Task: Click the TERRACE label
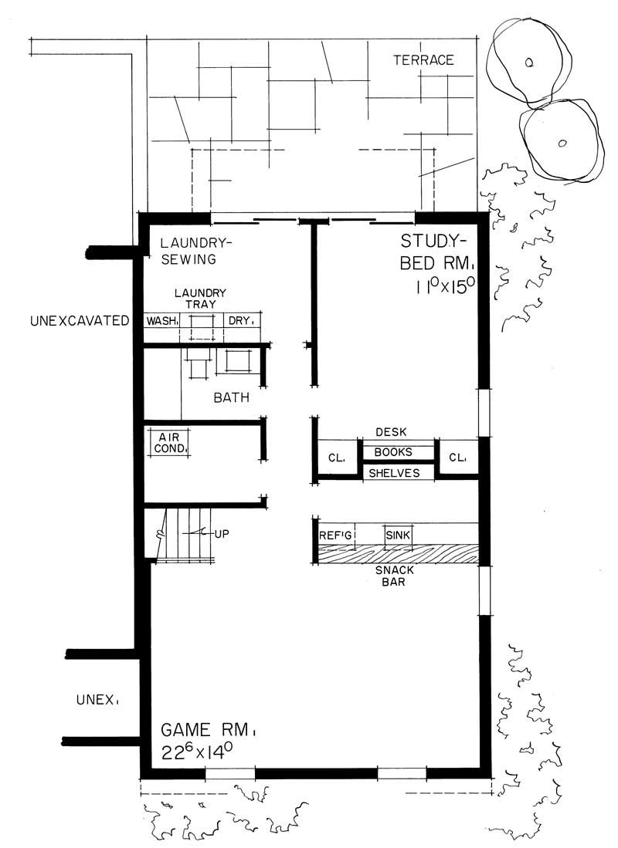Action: (x=423, y=60)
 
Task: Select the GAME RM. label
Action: (x=208, y=729)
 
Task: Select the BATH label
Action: (x=231, y=399)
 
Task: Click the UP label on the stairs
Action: (x=225, y=533)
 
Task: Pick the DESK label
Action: (x=390, y=432)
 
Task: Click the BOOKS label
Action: (x=393, y=452)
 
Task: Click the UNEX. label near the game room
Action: (x=97, y=701)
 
